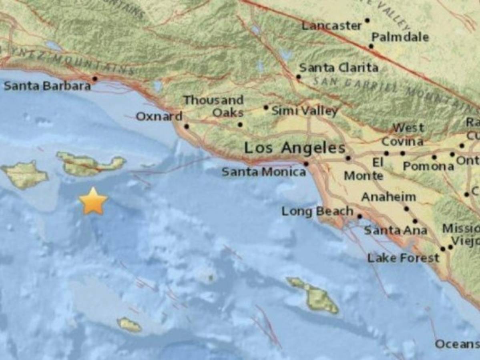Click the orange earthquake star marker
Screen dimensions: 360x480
coord(93,201)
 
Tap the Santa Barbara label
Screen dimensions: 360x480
coord(47,86)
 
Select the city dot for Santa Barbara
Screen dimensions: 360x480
coord(95,79)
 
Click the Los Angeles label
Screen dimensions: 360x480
coord(295,148)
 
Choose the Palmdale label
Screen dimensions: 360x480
coord(400,37)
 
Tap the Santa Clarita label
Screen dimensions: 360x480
coord(339,68)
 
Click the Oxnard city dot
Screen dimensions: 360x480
coord(187,126)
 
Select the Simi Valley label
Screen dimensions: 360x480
coord(305,111)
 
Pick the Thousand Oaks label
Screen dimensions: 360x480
coord(213,106)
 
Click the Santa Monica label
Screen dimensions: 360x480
coord(264,172)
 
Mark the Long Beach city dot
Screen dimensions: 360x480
coord(359,216)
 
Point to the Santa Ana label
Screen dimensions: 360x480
coord(395,230)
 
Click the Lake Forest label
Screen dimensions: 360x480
coord(403,258)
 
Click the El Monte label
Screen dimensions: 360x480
coord(364,169)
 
